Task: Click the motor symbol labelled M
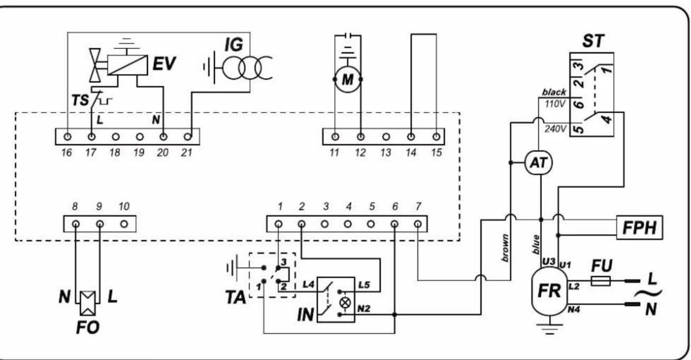(348, 80)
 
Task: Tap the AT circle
(539, 163)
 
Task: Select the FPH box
(640, 228)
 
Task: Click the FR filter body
(549, 291)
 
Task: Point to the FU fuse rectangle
(600, 281)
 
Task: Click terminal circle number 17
(91, 137)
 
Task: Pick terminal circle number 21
(188, 137)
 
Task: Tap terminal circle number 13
(386, 137)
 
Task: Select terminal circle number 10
(124, 224)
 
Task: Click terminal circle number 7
(418, 224)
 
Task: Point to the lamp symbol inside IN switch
(345, 303)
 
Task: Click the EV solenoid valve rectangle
(127, 65)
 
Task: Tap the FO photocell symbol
(88, 303)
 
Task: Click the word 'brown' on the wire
(505, 248)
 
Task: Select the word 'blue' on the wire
(536, 245)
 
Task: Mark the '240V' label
(555, 128)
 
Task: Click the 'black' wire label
(554, 92)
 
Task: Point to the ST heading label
(593, 41)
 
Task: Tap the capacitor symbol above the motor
(348, 35)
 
